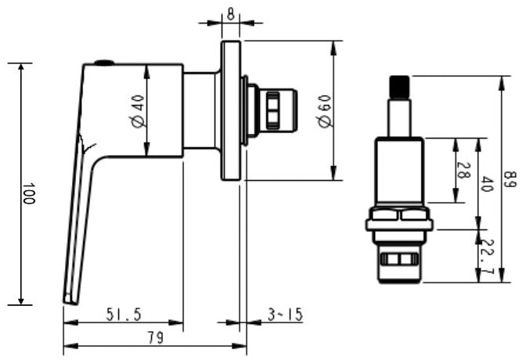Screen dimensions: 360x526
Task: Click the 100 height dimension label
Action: click(x=28, y=194)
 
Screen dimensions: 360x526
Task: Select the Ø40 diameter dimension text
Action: click(x=138, y=111)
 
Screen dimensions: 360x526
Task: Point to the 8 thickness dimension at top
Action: click(x=230, y=13)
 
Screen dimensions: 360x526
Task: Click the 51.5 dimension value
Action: click(x=124, y=315)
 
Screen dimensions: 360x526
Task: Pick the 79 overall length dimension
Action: click(x=154, y=338)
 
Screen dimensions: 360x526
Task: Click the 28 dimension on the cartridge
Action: click(x=462, y=171)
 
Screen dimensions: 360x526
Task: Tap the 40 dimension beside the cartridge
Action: click(x=486, y=185)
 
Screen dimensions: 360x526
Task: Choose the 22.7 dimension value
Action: click(x=488, y=258)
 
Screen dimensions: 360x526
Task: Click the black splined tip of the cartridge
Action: click(x=400, y=88)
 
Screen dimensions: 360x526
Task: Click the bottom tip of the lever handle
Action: click(x=69, y=298)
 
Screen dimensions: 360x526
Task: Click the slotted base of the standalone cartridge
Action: click(x=399, y=262)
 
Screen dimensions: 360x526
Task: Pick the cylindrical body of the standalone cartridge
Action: click(x=399, y=172)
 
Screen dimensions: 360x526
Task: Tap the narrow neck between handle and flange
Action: click(x=201, y=110)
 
